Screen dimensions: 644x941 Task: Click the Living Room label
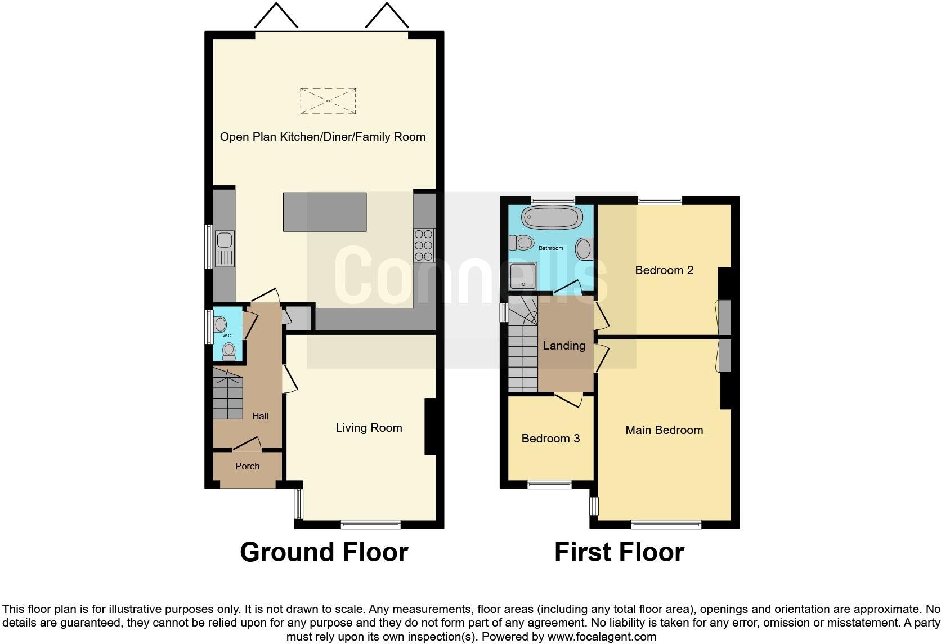click(369, 428)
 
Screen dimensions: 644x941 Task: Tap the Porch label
click(247, 466)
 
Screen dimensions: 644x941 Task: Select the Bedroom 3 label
click(550, 439)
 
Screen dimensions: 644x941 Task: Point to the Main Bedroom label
click(664, 430)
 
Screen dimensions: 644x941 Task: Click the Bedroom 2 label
click(664, 270)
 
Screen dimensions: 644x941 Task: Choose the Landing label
click(564, 346)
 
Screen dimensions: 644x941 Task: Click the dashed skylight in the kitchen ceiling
click(328, 101)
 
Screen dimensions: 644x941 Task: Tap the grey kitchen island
click(325, 212)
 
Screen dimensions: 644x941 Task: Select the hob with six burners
click(424, 245)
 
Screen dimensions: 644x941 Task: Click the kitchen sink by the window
click(225, 248)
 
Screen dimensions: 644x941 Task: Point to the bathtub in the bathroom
click(551, 217)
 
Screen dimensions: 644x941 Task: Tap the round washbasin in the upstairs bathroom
click(585, 249)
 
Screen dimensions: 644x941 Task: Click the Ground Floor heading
click(324, 552)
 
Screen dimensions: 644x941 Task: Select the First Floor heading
click(619, 552)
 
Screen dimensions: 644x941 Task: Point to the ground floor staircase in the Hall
click(228, 394)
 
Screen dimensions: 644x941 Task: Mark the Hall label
click(260, 416)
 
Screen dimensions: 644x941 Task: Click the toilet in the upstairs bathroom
click(522, 243)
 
